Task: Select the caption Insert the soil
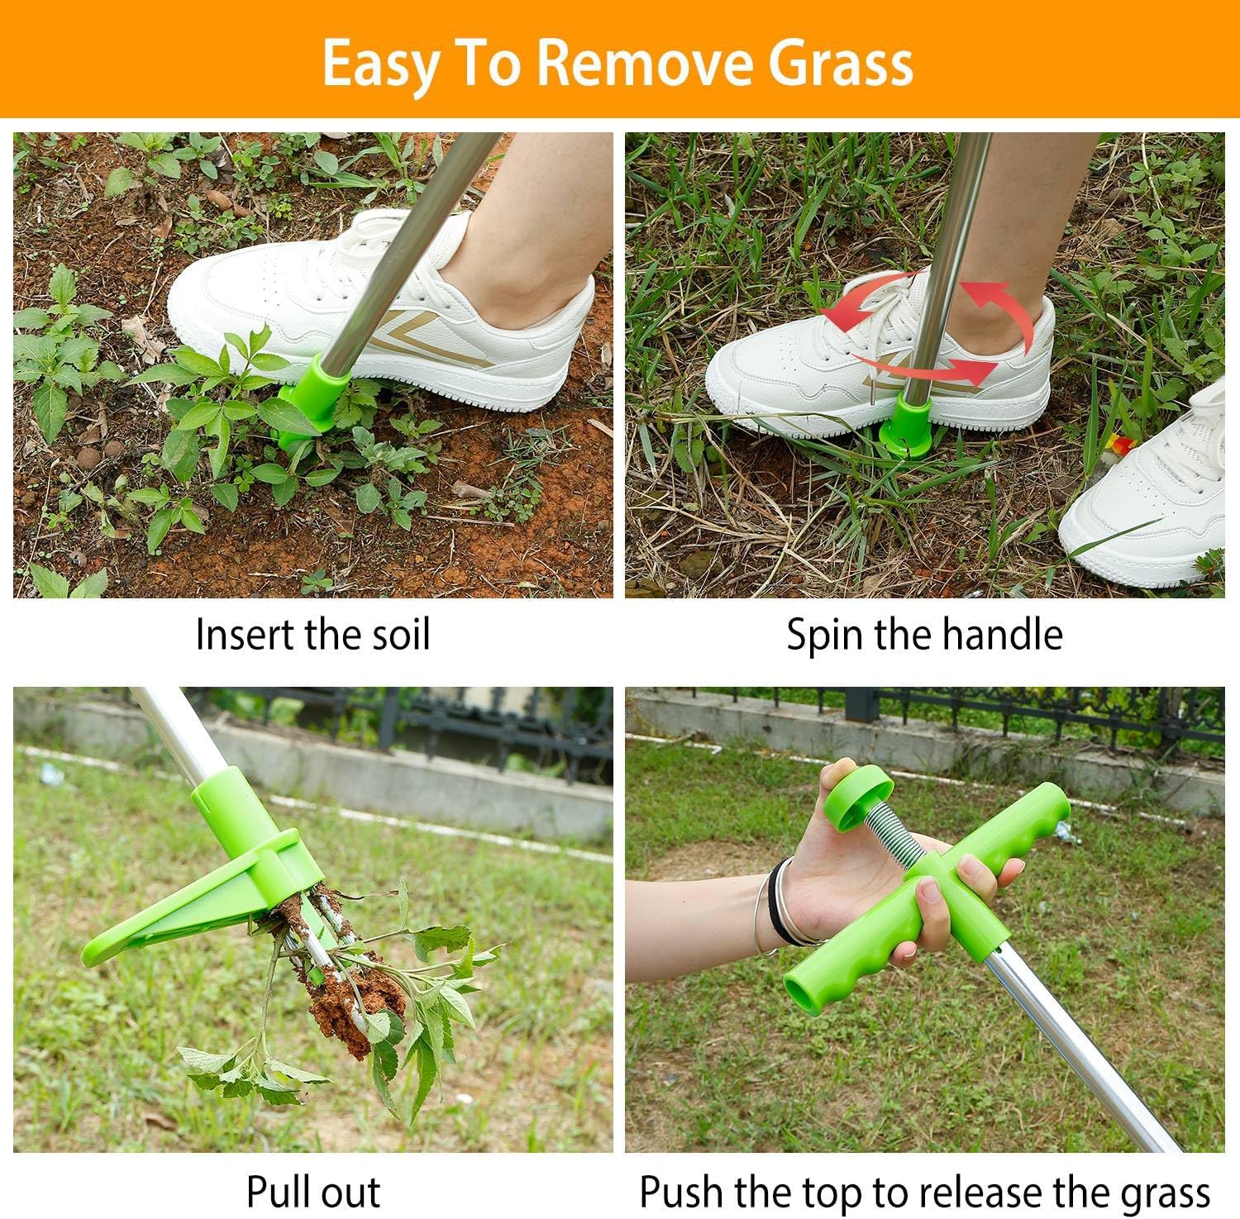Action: (x=313, y=635)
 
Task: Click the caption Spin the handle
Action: (x=924, y=635)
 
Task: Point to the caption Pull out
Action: (x=313, y=1191)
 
